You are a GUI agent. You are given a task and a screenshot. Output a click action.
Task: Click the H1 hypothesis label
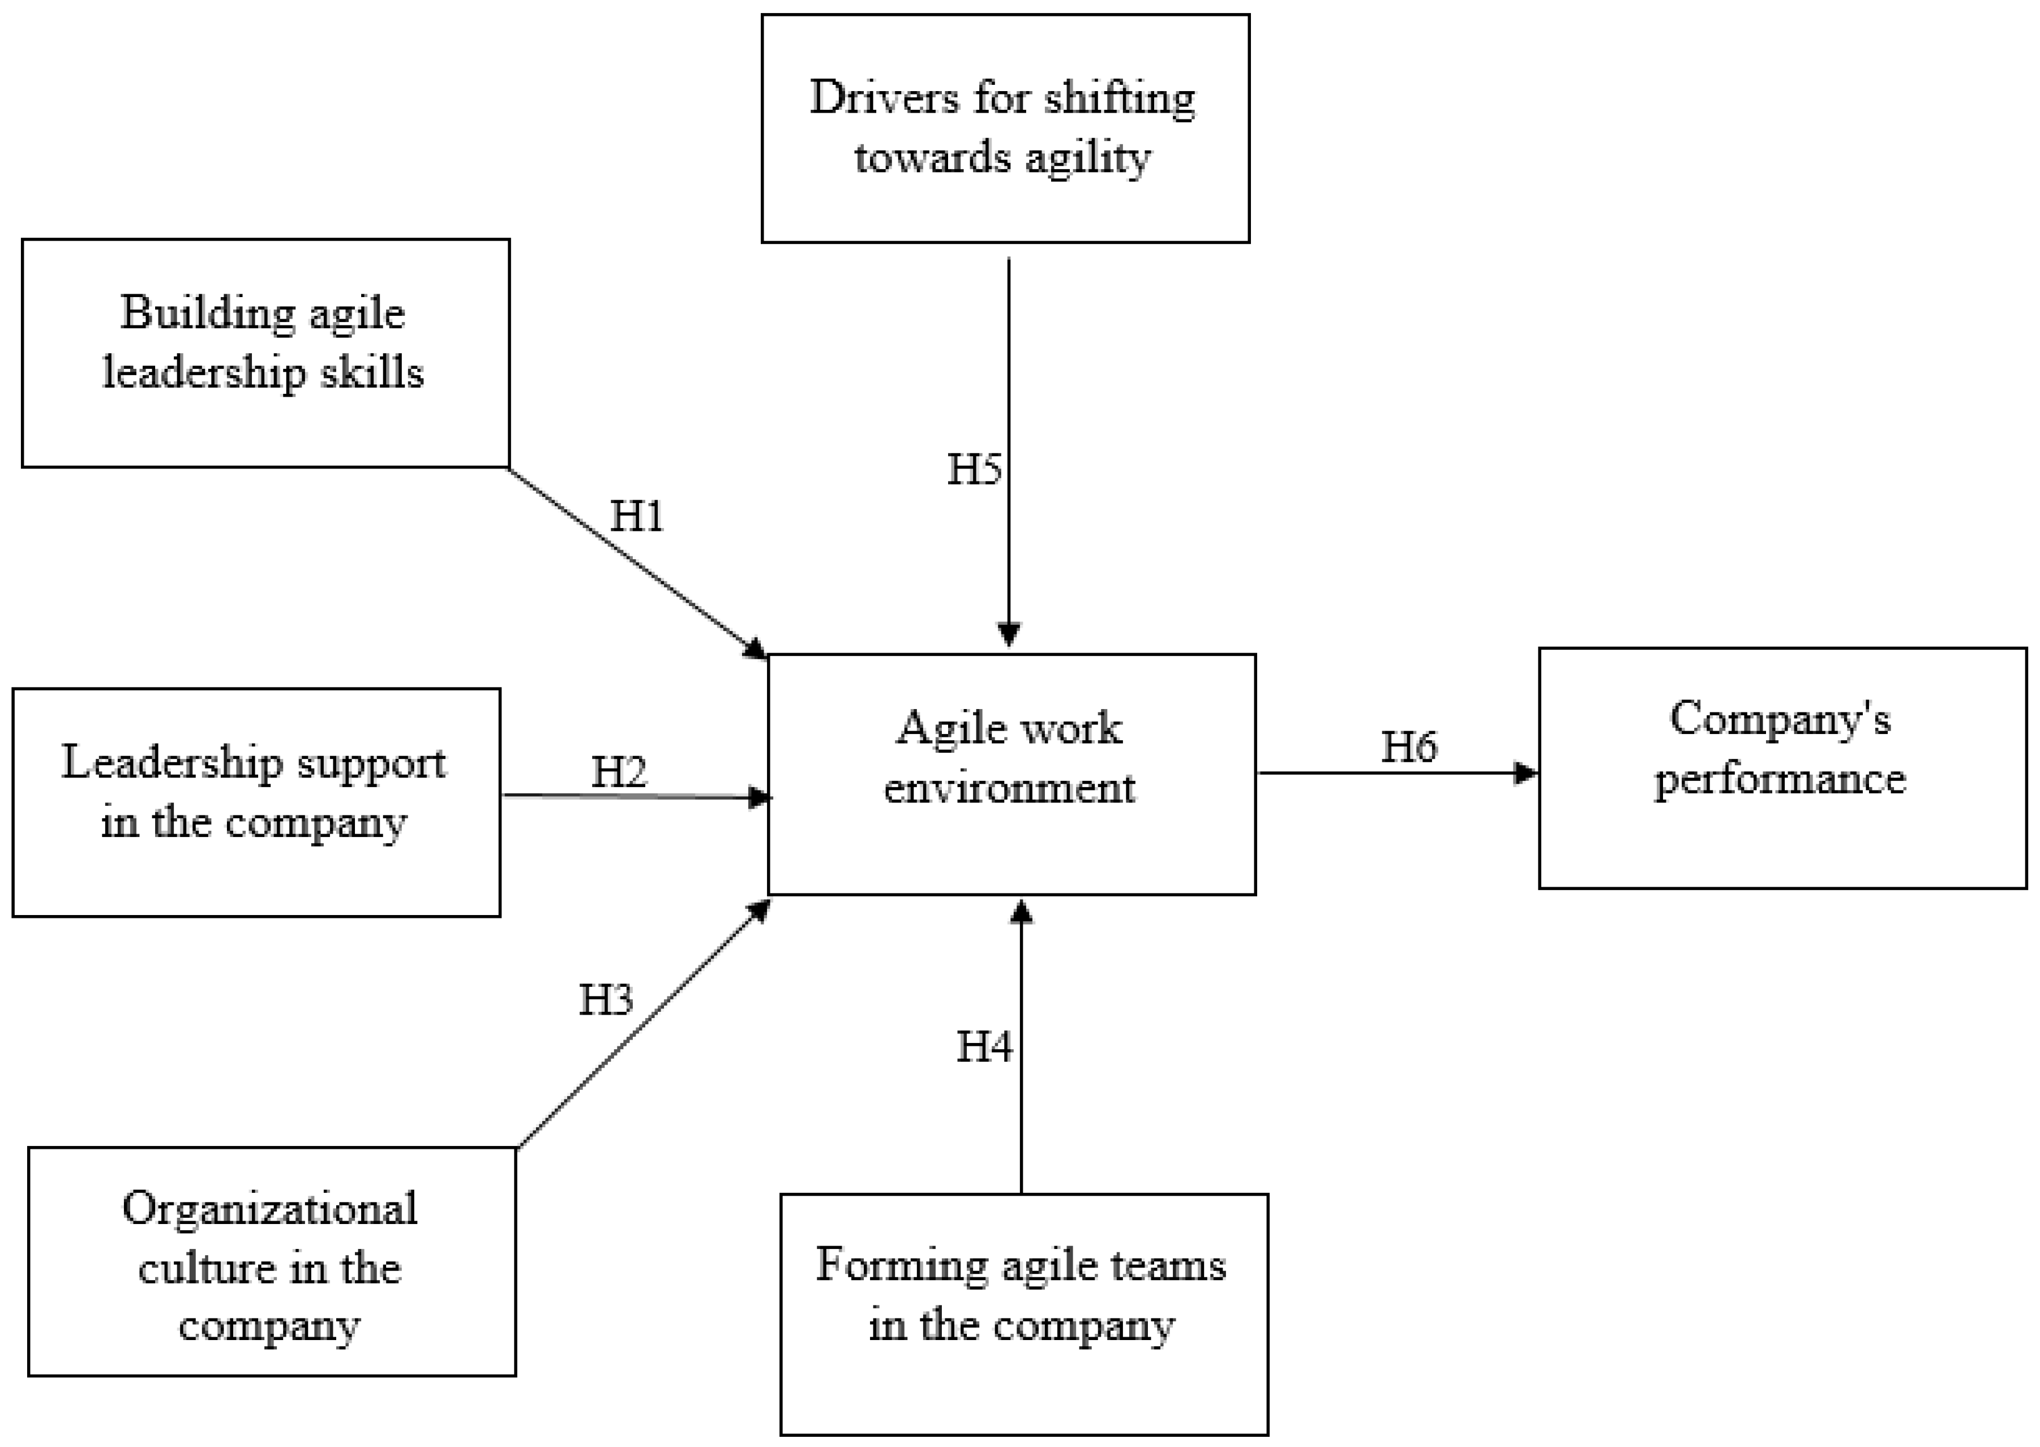(x=636, y=516)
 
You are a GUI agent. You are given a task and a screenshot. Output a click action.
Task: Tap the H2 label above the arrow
(x=619, y=772)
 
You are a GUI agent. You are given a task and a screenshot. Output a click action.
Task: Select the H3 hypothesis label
(x=606, y=1000)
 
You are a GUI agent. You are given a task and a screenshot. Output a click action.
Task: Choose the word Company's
(x=1780, y=719)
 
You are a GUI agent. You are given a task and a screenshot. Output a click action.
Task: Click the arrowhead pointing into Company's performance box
(x=1527, y=772)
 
